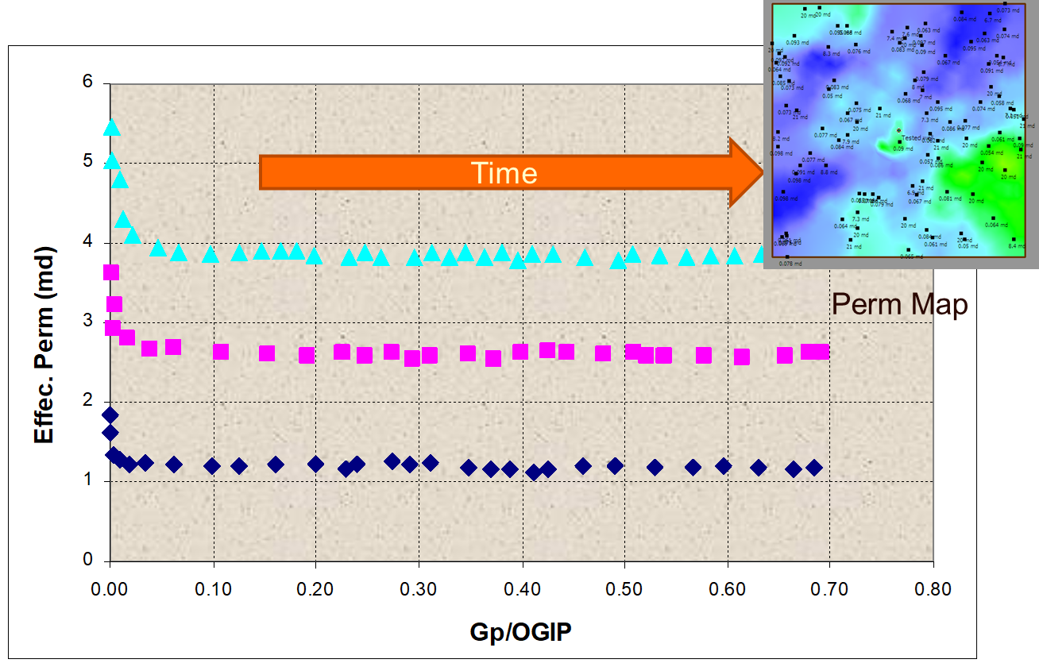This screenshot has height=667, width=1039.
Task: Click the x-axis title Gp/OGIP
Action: [x=521, y=632]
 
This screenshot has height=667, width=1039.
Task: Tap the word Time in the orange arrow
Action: [x=504, y=173]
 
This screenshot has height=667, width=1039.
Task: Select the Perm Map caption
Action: [x=899, y=304]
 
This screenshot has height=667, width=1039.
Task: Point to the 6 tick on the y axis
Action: [x=88, y=83]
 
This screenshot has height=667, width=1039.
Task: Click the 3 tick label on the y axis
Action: [x=88, y=322]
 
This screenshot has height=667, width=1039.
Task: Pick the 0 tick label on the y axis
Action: [x=88, y=561]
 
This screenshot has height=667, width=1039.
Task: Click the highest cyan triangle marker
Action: [x=111, y=128]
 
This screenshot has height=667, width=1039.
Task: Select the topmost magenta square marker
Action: [x=111, y=272]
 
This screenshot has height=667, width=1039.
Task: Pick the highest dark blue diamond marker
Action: [x=110, y=414]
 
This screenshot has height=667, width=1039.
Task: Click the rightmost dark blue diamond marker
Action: [x=813, y=468]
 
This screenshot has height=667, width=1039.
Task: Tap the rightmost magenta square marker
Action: [x=821, y=352]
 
